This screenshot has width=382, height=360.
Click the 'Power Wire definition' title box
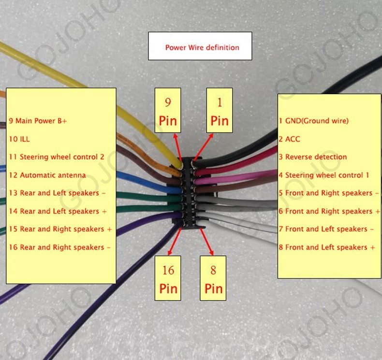[x=200, y=46]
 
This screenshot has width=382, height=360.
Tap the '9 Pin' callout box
[x=168, y=110]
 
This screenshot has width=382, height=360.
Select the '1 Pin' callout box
[x=220, y=110]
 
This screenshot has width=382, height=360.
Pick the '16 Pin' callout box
[x=168, y=278]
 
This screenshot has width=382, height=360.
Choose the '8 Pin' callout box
[x=213, y=278]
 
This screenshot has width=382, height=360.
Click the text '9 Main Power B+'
[x=38, y=121]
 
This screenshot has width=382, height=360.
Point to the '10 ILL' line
[x=19, y=139]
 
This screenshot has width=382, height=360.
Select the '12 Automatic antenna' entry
[x=47, y=175]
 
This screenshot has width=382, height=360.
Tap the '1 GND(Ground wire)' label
[x=314, y=121]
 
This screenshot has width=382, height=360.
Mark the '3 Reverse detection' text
[x=313, y=157]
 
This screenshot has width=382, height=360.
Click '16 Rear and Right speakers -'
[x=59, y=247]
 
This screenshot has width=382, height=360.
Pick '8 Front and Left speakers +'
[x=327, y=247]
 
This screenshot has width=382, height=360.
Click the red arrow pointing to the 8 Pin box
[x=206, y=242]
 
